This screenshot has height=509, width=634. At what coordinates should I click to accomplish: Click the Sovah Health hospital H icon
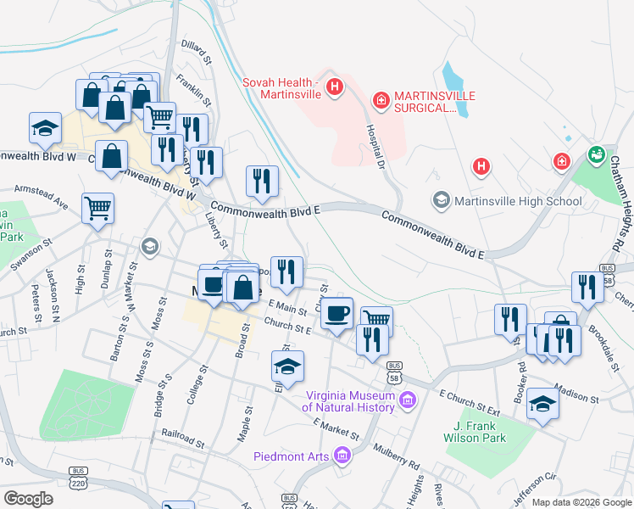tap(336, 87)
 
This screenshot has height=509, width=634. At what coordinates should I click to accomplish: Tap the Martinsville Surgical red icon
tap(381, 101)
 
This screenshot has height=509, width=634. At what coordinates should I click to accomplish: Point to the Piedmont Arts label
tap(293, 456)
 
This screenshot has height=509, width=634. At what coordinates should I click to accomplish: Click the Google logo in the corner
tap(29, 499)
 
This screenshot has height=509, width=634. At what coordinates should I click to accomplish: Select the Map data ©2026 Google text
tap(581, 502)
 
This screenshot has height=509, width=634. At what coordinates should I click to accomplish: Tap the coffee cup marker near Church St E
tap(337, 312)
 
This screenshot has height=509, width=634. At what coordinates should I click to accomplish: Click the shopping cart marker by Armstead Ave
tap(98, 207)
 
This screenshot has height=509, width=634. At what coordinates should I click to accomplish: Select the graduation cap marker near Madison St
tap(542, 404)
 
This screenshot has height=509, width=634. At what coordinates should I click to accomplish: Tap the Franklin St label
tap(193, 92)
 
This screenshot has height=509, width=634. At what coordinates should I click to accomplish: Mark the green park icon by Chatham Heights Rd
tap(596, 156)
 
